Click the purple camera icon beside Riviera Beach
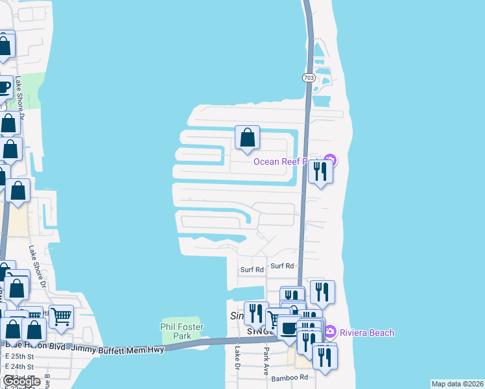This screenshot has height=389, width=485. coord(329,332)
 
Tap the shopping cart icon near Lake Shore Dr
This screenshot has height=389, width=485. coord(61,316)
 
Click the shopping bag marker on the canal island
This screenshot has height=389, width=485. coord(247,137)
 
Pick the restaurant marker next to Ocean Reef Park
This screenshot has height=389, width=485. coord(320,171)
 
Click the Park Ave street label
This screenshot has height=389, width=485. coord(266,359)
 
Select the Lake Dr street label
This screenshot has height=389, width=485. coord(238,358)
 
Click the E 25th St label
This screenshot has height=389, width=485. coord(19,357)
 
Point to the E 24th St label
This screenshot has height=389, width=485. coord(19,367)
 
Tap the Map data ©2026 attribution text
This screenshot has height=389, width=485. coord(457,384)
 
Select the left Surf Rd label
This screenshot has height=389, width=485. coord(252,269)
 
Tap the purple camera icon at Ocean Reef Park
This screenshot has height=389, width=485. coord(330,160)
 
